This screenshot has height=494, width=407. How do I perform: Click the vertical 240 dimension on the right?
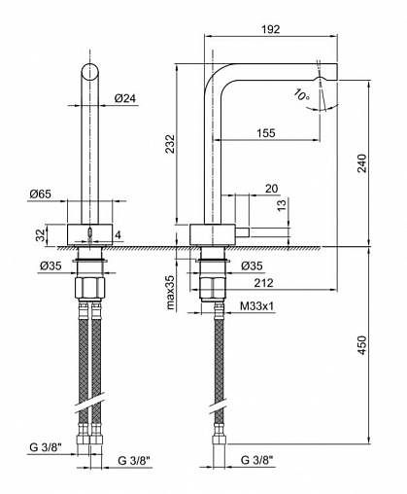[x=363, y=165]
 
